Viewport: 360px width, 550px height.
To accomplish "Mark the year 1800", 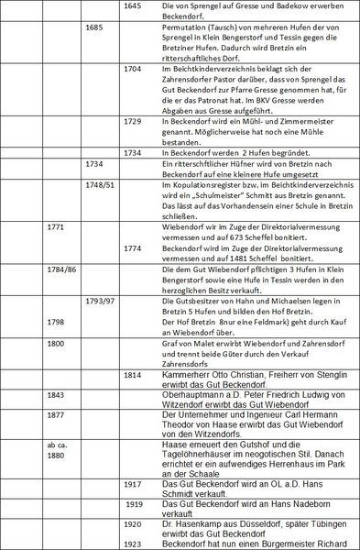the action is pyautogui.click(x=58, y=343).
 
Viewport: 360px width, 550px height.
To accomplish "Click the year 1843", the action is pyautogui.click(x=58, y=395).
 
